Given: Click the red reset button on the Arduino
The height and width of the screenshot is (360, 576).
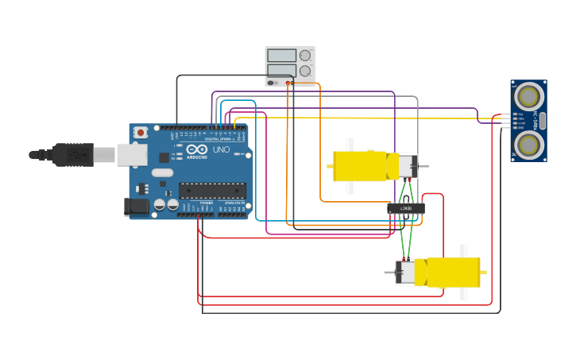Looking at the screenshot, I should click(141, 132).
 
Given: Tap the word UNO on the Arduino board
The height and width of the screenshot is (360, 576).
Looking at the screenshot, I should click(222, 149).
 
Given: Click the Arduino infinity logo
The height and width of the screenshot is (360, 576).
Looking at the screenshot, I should click(198, 149).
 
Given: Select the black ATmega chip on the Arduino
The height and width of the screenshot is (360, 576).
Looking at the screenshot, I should click(211, 191).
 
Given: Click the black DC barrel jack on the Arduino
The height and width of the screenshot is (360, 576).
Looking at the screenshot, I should click(136, 207).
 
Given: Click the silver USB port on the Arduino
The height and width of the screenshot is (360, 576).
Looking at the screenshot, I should click(132, 154).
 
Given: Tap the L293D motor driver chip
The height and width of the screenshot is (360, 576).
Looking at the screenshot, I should click(405, 208).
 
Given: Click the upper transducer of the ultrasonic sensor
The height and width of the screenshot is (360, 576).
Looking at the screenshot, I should click(528, 97).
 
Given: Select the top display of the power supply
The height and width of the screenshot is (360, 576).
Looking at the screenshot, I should click(281, 56).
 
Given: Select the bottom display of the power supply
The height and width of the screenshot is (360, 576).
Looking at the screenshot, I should click(281, 70).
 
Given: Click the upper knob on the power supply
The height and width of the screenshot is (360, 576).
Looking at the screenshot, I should click(305, 56).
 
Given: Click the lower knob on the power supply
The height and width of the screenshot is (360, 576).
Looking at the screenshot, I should click(305, 71).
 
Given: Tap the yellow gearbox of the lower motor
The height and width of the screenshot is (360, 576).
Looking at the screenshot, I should click(453, 272).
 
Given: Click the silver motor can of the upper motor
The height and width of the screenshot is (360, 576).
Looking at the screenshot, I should click(406, 166).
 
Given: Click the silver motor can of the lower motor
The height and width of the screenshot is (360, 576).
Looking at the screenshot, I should click(406, 272).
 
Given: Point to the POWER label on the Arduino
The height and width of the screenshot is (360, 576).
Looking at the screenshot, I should click(206, 203).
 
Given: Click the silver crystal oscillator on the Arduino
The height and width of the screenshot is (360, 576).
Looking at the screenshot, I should click(162, 172).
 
